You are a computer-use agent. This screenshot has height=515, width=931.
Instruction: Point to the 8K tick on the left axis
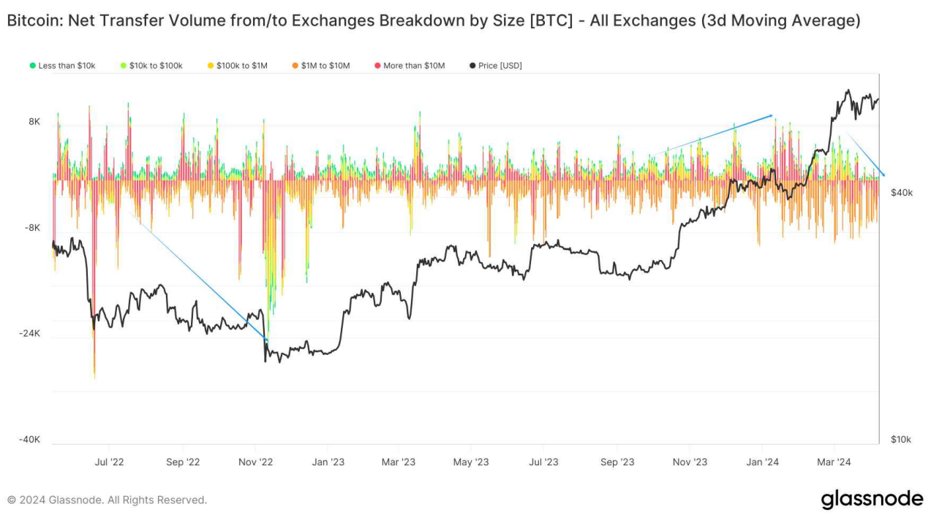click(x=34, y=122)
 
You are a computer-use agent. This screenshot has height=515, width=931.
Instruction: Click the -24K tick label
click(x=30, y=334)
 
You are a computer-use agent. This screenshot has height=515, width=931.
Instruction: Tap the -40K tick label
click(x=30, y=440)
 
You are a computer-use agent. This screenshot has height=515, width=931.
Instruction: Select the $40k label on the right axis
click(x=901, y=193)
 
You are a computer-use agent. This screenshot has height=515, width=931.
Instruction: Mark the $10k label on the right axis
click(x=901, y=440)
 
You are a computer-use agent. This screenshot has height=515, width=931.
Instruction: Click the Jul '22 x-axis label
click(x=110, y=462)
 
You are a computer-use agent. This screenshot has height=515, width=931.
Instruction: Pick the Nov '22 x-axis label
click(x=256, y=462)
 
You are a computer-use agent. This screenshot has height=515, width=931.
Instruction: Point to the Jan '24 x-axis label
click(x=763, y=462)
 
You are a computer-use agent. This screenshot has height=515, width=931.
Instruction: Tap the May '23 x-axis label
click(x=472, y=462)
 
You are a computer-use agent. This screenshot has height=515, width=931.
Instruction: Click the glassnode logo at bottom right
click(x=872, y=500)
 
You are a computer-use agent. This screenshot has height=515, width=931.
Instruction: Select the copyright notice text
click(x=108, y=500)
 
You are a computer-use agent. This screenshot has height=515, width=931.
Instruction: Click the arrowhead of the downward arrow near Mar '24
click(x=883, y=175)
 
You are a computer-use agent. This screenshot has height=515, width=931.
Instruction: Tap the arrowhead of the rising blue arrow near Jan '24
click(x=771, y=115)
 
